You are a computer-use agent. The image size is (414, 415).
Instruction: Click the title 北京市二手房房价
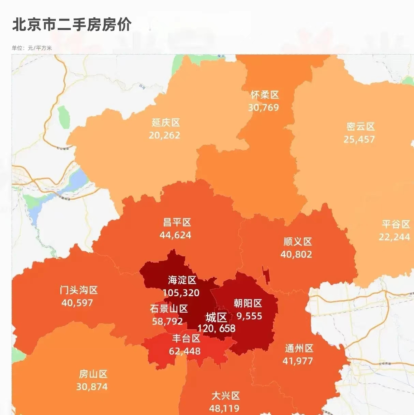(72, 25)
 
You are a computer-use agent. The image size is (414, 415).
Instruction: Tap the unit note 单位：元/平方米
(32, 48)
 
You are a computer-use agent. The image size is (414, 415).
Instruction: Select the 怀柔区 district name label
(265, 95)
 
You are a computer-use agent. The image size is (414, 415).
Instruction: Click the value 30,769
(263, 107)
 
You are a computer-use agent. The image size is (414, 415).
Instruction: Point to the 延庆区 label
(166, 122)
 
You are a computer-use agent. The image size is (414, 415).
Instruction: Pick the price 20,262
(164, 135)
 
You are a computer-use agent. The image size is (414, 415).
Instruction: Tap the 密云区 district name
(360, 127)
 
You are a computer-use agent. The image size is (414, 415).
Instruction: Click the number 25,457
(359, 139)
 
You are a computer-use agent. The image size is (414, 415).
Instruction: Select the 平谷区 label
(396, 224)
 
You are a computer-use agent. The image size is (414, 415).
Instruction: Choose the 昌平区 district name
(177, 222)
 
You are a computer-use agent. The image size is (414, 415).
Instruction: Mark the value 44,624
(175, 235)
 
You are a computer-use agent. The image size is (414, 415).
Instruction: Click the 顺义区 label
(298, 242)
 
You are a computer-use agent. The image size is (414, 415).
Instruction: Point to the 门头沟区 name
(79, 290)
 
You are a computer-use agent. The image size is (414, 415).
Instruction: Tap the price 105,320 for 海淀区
(181, 293)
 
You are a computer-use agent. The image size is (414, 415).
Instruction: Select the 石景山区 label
(169, 309)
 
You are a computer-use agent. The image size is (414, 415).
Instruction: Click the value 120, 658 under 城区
(216, 328)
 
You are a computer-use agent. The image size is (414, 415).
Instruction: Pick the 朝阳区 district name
(248, 303)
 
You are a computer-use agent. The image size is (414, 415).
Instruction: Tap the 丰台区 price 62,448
(185, 351)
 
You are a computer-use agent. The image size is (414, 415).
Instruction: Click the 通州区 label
(299, 348)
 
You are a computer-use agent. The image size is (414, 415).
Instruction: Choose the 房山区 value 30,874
(92, 387)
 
